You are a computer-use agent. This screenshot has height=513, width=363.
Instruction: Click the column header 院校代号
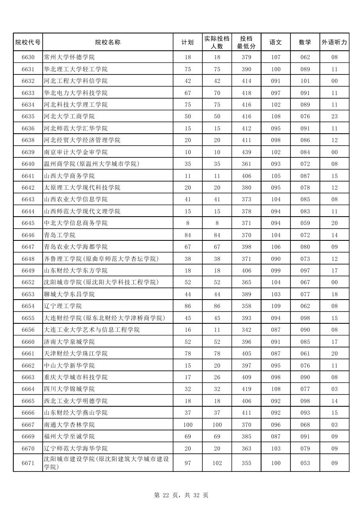(x=28, y=42)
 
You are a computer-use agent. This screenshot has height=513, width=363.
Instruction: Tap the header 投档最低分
(x=246, y=42)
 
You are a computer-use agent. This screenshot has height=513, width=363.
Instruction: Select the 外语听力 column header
(x=334, y=42)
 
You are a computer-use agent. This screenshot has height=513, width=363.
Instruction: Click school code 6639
(x=28, y=152)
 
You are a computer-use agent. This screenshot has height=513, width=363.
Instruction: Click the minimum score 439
(x=246, y=152)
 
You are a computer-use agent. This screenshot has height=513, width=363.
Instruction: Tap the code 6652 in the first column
(x=28, y=282)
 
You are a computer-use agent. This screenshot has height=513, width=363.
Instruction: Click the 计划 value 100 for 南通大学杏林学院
(x=188, y=425)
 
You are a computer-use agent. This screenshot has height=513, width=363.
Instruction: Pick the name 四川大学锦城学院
(x=69, y=389)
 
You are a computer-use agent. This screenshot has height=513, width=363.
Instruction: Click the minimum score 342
(x=246, y=330)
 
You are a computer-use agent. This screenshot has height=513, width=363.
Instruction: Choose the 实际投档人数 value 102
(x=217, y=463)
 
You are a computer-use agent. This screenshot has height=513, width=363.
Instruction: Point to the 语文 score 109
(x=276, y=306)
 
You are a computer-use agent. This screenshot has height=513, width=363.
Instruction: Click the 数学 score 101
(x=305, y=81)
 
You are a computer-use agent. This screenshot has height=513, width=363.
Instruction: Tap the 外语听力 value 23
(x=334, y=116)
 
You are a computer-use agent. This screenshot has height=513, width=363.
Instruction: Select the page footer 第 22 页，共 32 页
(x=181, y=495)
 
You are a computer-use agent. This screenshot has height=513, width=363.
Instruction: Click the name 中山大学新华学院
(x=69, y=366)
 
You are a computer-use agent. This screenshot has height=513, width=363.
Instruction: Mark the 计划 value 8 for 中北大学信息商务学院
(x=188, y=223)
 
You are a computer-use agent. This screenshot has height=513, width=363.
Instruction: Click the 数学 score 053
(x=305, y=463)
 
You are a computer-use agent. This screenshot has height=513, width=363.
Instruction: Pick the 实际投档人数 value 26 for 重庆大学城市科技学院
(x=217, y=377)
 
